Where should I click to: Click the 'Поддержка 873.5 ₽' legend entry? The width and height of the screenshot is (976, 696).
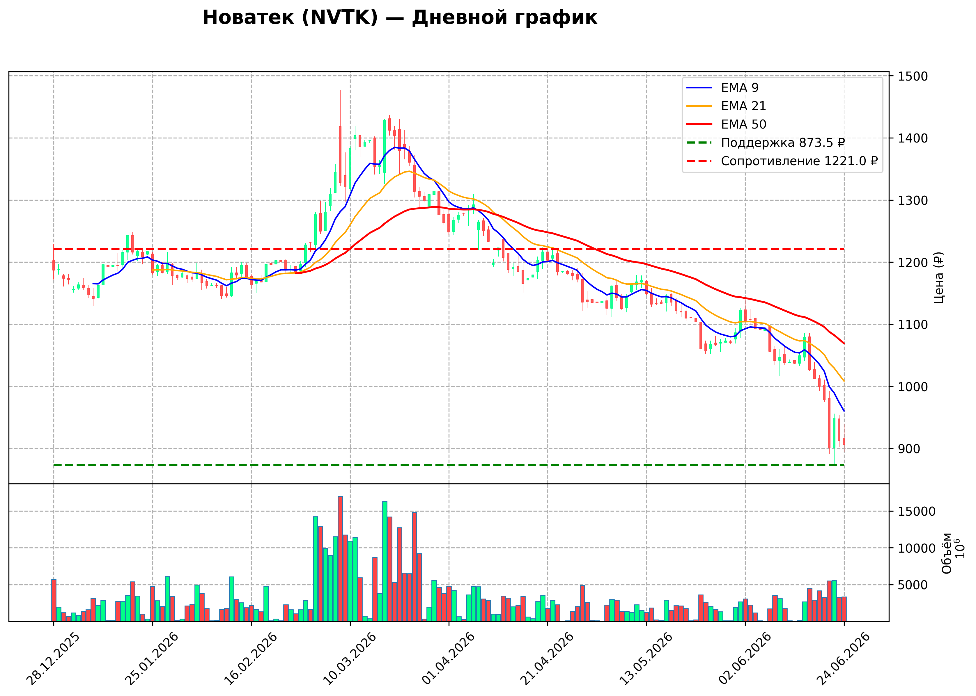click(x=766, y=143)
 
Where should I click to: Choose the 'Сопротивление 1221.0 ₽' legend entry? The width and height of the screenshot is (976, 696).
click(x=782, y=161)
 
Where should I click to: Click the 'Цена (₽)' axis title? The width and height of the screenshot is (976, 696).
click(x=939, y=278)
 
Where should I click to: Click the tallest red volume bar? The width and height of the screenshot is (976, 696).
click(x=340, y=558)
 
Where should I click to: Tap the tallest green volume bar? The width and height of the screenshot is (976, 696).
click(x=385, y=561)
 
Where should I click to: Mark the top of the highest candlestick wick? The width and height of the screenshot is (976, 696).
click(x=340, y=90)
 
